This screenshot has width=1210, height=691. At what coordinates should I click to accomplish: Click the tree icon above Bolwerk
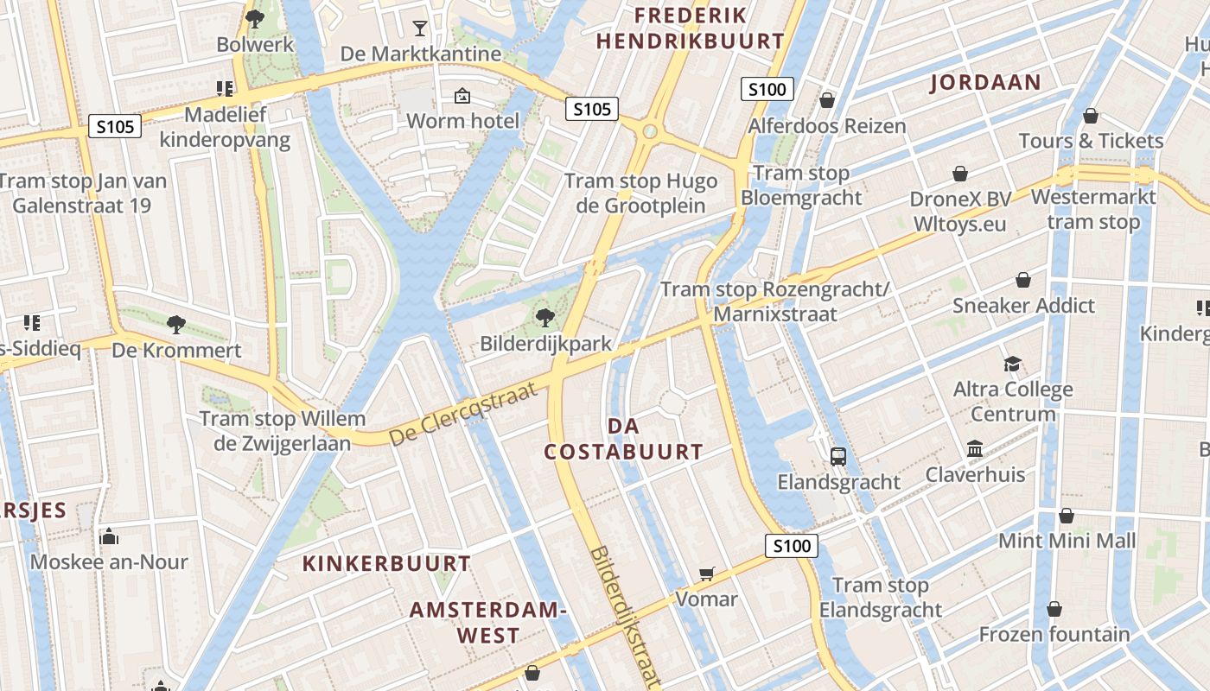[254, 18]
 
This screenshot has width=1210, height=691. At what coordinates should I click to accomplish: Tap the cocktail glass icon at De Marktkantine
[420, 28]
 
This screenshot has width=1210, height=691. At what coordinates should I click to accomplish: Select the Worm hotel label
[462, 120]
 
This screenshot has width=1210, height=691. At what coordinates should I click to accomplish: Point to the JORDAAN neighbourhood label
[985, 82]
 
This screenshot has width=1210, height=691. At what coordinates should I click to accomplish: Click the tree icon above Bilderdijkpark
[544, 318]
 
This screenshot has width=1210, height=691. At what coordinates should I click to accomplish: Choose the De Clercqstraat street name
[469, 414]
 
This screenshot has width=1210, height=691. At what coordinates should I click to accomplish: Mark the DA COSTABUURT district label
[623, 439]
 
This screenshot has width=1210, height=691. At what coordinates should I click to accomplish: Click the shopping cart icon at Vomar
[707, 574]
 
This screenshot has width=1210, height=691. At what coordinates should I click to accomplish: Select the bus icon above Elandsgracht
[837, 456]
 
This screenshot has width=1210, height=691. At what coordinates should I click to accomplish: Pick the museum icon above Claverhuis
[975, 449]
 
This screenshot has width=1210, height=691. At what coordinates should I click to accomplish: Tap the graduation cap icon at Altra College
[1012, 365]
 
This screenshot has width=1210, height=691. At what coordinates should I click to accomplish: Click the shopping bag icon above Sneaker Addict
[1023, 280]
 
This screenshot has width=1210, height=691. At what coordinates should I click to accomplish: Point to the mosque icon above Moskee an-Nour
[109, 536]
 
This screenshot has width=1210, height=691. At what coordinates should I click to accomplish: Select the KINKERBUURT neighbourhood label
[386, 564]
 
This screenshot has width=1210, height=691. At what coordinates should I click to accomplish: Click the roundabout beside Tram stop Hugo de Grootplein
[650, 132]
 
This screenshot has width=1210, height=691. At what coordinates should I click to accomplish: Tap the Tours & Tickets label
[1091, 141]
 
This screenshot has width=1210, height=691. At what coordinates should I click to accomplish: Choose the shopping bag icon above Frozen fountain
[1054, 609]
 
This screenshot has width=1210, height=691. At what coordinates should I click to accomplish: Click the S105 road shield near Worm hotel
[592, 109]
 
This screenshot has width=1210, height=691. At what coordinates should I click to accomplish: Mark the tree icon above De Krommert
[176, 325]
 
